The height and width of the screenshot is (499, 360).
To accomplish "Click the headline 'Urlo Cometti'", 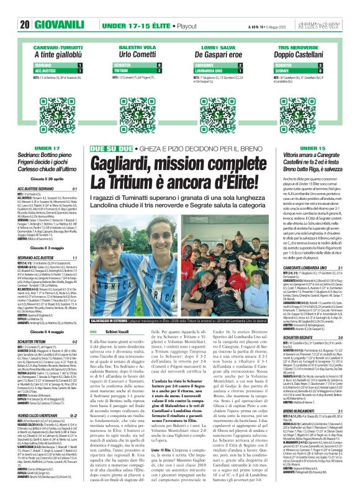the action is pyautogui.click(x=137, y=55).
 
